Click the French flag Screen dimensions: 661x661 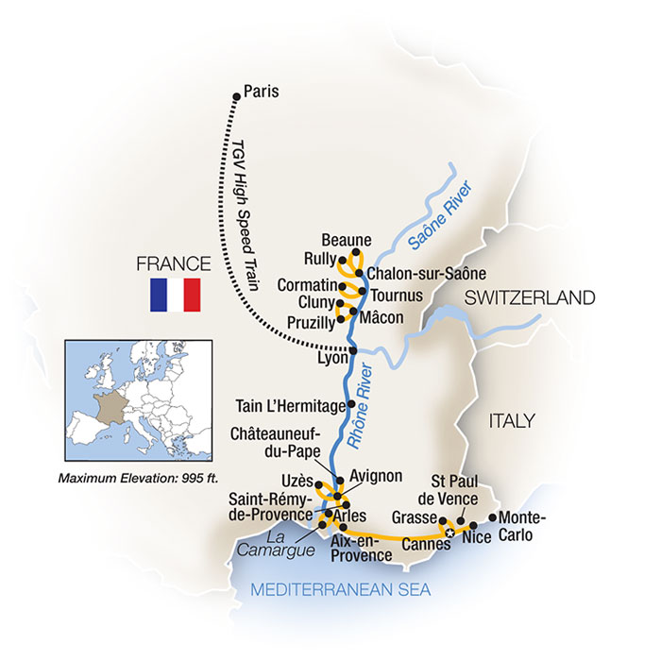pyautogui.click(x=175, y=295)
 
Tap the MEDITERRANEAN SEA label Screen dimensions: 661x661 pyautogui.click(x=340, y=591)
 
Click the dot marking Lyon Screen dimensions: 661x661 pyautogui.click(x=353, y=350)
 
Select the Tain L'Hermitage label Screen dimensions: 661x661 pyautogui.click(x=289, y=407)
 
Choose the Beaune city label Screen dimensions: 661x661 pyautogui.click(x=346, y=240)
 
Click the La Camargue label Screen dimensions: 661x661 pyautogui.click(x=285, y=545)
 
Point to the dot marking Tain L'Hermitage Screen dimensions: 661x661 pyautogui.click(x=352, y=404)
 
